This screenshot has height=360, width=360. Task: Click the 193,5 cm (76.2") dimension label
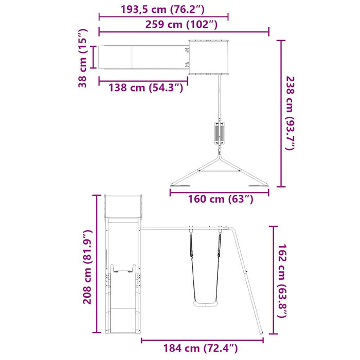click(x=164, y=9)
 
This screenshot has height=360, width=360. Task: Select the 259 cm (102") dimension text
click(x=184, y=24)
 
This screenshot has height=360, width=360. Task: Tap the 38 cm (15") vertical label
click(x=84, y=57)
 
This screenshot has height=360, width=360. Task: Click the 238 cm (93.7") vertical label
click(x=291, y=114)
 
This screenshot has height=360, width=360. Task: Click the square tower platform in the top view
click(x=208, y=57)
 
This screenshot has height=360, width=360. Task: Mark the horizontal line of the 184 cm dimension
click(x=203, y=340)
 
